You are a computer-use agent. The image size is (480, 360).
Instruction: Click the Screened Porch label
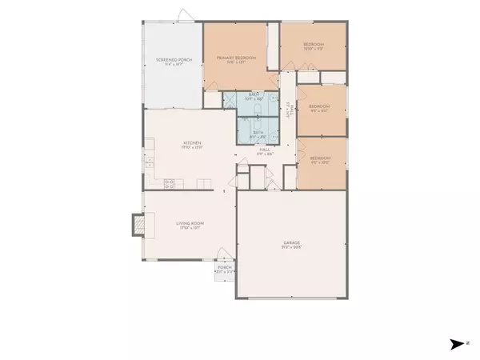tap(170, 60)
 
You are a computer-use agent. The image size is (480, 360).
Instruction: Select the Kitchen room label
tap(190, 142)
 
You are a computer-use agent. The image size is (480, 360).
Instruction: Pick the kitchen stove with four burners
tap(170, 183)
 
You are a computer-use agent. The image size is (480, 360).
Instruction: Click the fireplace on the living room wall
tap(138, 226)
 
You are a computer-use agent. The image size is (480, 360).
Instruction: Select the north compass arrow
tap(456, 344)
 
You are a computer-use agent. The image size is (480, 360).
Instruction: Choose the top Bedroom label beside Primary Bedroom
tap(313, 43)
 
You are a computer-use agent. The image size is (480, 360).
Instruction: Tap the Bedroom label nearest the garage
tap(321, 158)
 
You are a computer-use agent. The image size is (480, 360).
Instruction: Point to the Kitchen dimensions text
tap(190, 147)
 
